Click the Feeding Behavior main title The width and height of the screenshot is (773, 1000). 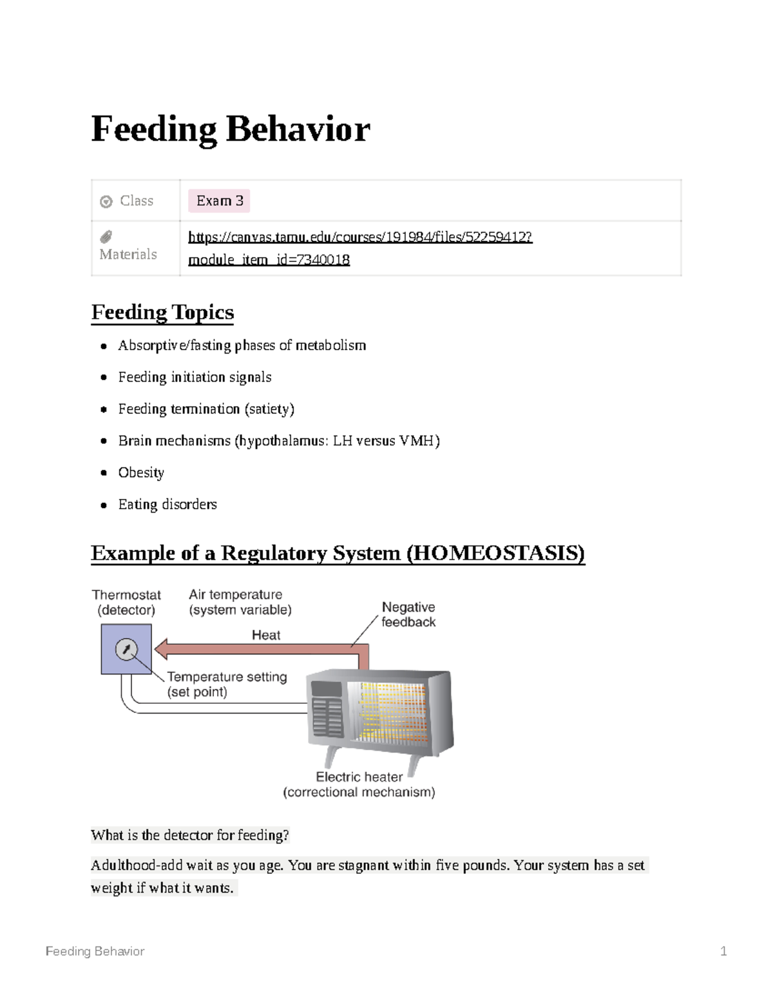[x=230, y=129]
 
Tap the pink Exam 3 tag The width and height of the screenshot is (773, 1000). [x=219, y=201]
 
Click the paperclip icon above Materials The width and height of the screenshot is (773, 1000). [x=106, y=237]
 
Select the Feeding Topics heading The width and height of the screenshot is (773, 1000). [x=162, y=312]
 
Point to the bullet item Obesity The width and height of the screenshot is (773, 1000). [x=141, y=473]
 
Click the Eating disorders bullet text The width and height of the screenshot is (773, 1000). [x=167, y=504]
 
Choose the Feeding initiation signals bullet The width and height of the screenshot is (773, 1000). [x=195, y=377]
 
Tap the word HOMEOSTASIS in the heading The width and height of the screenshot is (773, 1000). [x=496, y=553]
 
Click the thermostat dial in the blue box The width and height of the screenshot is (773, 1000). [x=126, y=650]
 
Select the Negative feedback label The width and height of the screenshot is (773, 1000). [x=408, y=614]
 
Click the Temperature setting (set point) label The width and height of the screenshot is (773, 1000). [x=227, y=684]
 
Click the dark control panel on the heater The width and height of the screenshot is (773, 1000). [x=327, y=710]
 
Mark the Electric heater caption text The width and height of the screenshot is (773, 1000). [x=359, y=777]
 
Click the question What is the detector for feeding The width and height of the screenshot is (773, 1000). [x=190, y=835]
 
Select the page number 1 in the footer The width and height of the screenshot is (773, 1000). [x=723, y=951]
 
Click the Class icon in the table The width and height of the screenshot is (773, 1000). [x=106, y=202]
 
